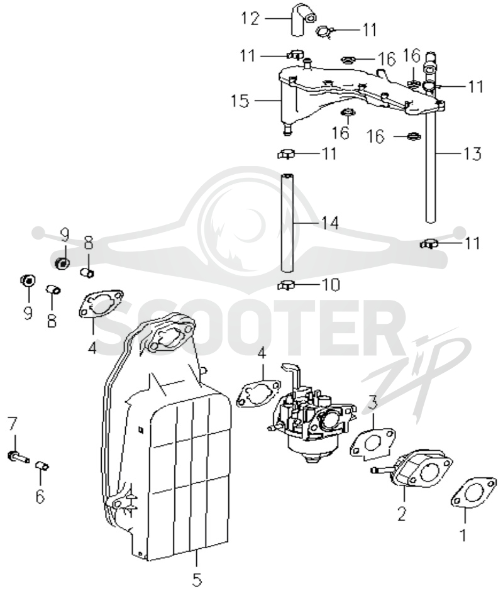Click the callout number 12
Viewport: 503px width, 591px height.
click(250, 18)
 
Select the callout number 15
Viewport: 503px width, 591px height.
click(240, 101)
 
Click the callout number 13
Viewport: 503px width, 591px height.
click(473, 153)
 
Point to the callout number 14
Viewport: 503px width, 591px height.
click(329, 223)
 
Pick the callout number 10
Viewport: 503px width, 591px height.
click(330, 285)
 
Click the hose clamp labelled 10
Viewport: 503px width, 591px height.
click(287, 286)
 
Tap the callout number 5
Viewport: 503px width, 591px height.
click(197, 579)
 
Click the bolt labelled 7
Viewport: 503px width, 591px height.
click(18, 456)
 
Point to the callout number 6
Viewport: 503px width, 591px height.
click(40, 496)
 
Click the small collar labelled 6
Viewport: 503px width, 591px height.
click(42, 466)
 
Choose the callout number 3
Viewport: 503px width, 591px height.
click(373, 402)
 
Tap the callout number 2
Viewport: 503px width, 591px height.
click(402, 514)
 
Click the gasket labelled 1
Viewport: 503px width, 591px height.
click(473, 493)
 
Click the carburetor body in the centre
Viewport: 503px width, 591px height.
click(311, 414)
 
